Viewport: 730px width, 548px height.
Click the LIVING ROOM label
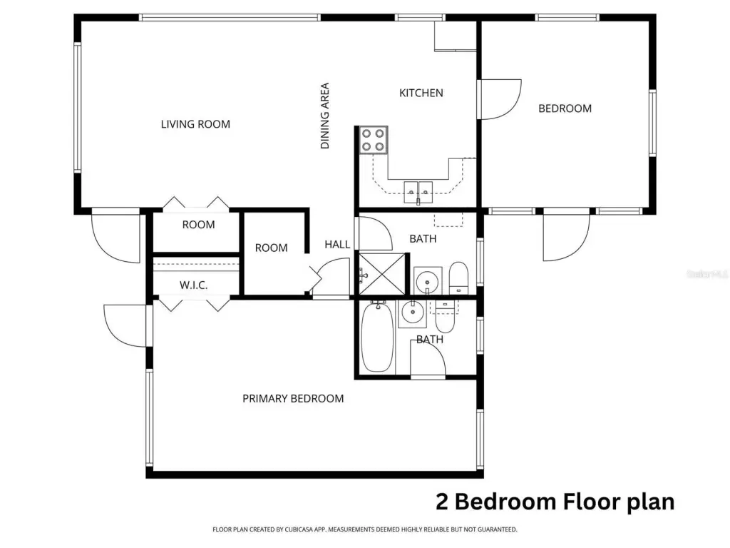coord(195,124)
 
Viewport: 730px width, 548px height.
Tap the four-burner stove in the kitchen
coord(373,140)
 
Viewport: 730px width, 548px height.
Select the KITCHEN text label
coord(421,93)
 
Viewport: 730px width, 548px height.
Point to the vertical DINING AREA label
coord(325,116)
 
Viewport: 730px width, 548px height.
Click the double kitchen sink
coord(418,190)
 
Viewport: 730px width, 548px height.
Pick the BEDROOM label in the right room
coord(565,108)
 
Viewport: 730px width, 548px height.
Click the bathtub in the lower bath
coord(377,336)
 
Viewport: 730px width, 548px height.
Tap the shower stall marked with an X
coord(381,273)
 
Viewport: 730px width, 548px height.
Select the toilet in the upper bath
coord(458,278)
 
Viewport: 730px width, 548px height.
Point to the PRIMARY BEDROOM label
coord(293,398)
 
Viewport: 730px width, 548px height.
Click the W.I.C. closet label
coord(193,285)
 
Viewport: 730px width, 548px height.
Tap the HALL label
coord(337,244)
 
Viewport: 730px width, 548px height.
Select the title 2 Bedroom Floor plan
coord(555,501)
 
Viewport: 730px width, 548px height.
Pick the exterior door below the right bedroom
coord(566,236)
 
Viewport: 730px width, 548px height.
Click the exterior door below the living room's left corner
coord(116,236)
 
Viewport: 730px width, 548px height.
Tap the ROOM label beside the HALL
coord(271,248)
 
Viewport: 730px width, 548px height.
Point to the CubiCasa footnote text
coord(364,529)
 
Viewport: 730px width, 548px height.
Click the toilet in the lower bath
coord(444,318)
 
